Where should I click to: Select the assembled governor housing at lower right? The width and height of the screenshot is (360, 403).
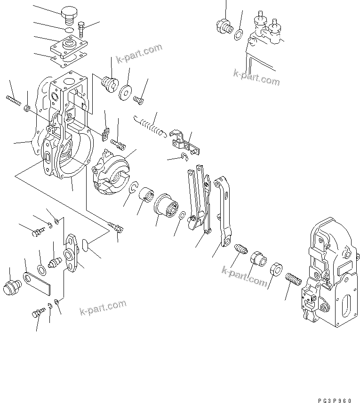pos(329,277)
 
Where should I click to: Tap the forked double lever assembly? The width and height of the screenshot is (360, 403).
pos(197,198)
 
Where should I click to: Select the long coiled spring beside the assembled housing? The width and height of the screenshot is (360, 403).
pos(293,283)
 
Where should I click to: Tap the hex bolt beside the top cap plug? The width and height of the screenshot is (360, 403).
pos(82,29)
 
